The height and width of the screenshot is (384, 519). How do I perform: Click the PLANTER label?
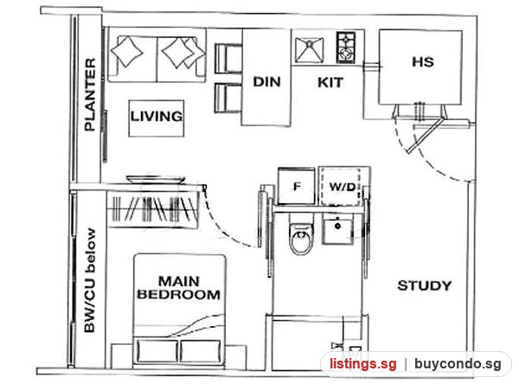pos(90,94)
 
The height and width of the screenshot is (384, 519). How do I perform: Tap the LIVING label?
pos(157,116)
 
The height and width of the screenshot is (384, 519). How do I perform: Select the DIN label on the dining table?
pos(266,82)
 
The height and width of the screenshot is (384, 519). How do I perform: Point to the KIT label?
pos(330,82)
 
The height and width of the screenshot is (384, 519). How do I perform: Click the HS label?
pos(423,62)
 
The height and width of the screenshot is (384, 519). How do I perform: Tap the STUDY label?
pos(425,285)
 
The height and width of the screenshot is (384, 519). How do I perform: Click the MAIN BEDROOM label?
pos(179,288)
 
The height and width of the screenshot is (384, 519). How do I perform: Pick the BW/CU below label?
pos(90,280)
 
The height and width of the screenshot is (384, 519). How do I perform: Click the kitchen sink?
pos(309,50)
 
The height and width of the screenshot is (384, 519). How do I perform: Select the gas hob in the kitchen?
pos(346,48)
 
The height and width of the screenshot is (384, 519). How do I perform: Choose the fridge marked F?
pos(296,186)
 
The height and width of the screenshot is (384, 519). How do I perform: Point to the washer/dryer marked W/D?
pos(340,187)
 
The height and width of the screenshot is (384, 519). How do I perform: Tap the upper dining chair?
pos(228,58)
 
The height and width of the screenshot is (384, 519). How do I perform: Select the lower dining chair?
pos(228,99)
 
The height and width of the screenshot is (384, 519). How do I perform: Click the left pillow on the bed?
pos(157,351)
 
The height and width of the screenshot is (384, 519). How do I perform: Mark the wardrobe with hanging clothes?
pos(153,209)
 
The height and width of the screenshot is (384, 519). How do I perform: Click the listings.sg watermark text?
pos(362,364)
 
